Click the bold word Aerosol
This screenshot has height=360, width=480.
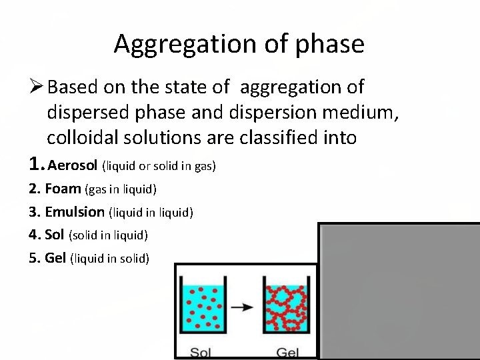pyautogui.click(x=73, y=165)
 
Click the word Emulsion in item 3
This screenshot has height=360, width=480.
pyautogui.click(x=75, y=212)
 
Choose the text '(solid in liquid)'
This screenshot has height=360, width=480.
pyautogui.click(x=108, y=235)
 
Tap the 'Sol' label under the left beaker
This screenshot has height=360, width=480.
pyautogui.click(x=203, y=351)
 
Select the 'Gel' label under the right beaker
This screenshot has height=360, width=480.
pyautogui.click(x=288, y=351)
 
